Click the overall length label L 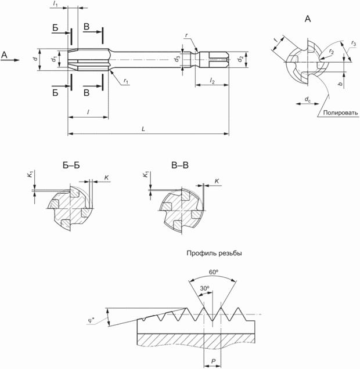(143, 129)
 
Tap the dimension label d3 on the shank (177, 59)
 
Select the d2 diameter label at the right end (240, 59)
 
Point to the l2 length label (212, 81)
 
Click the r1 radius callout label (126, 81)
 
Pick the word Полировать (341, 113)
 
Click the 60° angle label (214, 272)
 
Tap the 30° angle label (204, 288)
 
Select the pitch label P (213, 361)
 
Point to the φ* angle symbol (91, 320)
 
